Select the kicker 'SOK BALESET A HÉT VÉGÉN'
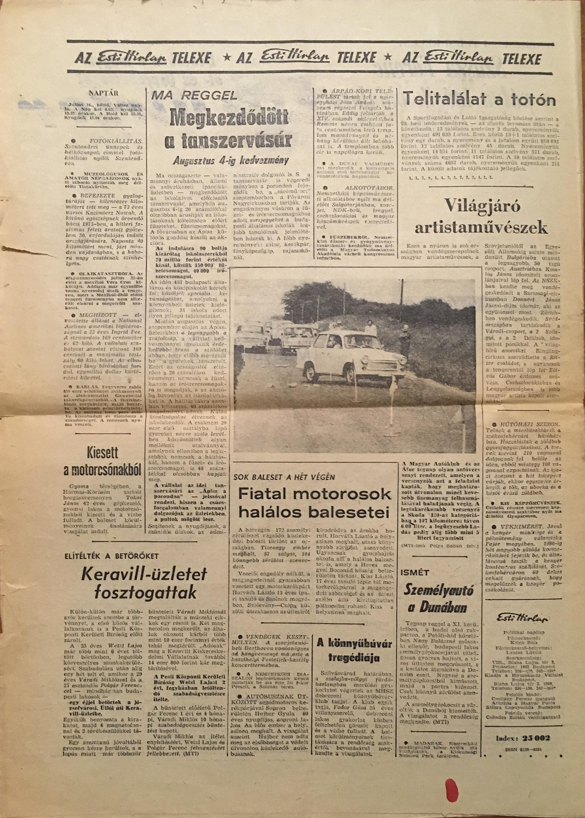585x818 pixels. (284, 477)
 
